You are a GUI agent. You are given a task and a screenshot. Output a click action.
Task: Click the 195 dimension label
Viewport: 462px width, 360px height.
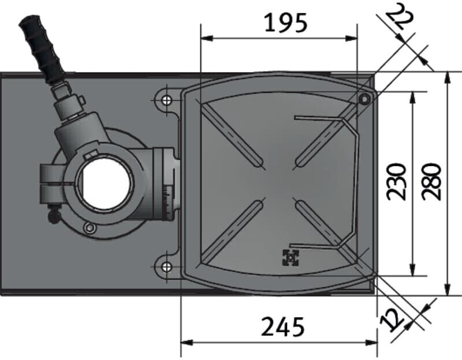click(x=286, y=23)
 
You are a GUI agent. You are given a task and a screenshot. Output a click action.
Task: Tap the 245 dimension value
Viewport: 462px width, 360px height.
click(x=282, y=328)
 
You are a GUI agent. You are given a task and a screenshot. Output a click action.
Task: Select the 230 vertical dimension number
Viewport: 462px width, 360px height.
click(x=396, y=181)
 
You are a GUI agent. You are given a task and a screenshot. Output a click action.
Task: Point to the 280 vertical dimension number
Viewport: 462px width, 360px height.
click(x=431, y=181)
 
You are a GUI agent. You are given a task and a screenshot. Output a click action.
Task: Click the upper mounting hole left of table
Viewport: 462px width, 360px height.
click(x=166, y=101)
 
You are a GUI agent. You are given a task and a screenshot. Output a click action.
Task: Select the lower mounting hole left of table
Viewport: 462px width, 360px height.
click(x=166, y=267)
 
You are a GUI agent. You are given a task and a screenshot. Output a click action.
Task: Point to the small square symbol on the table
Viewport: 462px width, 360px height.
click(x=290, y=258)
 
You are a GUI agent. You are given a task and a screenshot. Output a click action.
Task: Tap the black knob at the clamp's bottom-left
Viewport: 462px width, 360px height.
click(x=54, y=217)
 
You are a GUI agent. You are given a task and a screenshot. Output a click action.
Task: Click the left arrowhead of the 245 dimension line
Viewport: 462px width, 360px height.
click(x=185, y=342)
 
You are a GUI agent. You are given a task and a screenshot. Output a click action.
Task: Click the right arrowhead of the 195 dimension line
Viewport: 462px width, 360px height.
click(x=354, y=39)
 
